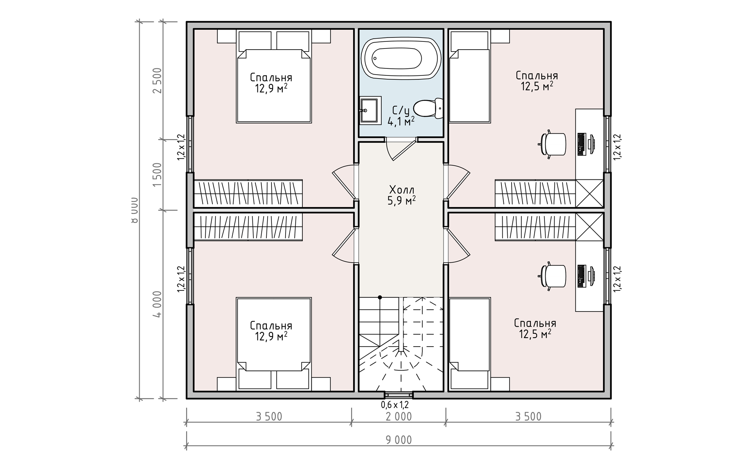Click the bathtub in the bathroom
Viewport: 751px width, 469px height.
(x=401, y=59)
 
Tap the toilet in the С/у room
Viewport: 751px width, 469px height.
(x=428, y=109)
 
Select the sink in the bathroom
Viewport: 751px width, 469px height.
(x=370, y=111)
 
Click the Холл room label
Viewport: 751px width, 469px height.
(x=402, y=190)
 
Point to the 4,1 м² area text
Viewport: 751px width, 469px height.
(x=401, y=122)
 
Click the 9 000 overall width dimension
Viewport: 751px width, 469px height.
(x=399, y=440)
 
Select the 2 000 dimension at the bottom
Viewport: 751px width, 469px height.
(x=399, y=417)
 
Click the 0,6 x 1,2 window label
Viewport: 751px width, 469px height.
(x=395, y=405)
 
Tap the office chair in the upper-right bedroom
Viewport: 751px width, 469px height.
(x=553, y=144)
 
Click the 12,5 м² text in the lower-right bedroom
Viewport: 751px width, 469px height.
(x=535, y=334)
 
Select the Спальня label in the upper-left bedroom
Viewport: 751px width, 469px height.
(x=271, y=77)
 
